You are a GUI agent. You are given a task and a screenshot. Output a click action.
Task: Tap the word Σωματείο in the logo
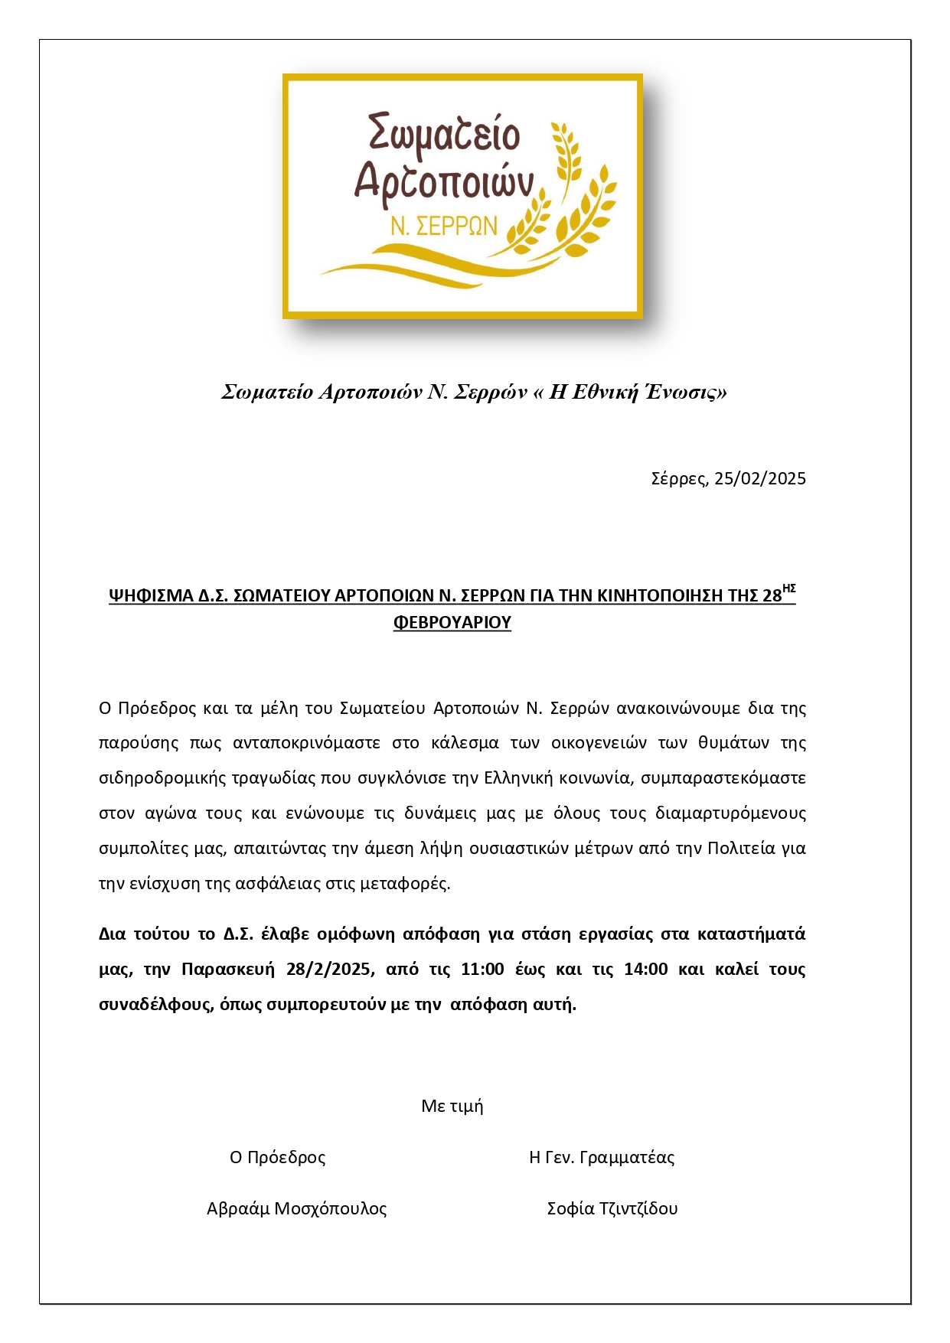pyautogui.click(x=444, y=134)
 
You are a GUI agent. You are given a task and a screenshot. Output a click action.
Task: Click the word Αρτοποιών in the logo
pyautogui.click(x=443, y=182)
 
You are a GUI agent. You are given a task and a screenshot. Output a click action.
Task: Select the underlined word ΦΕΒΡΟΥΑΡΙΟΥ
pyautogui.click(x=452, y=623)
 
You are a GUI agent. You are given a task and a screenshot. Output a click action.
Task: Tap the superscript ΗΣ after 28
pyautogui.click(x=789, y=588)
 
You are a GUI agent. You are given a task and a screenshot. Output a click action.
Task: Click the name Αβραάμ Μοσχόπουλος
pyautogui.click(x=297, y=1209)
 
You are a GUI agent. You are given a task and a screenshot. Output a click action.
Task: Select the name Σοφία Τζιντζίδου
pyautogui.click(x=612, y=1209)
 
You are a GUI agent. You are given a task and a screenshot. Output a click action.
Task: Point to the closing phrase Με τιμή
pyautogui.click(x=452, y=1107)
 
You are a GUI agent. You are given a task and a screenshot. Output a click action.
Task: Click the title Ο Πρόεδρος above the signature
pyautogui.click(x=278, y=1158)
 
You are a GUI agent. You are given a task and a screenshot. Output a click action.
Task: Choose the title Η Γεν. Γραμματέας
pyautogui.click(x=602, y=1158)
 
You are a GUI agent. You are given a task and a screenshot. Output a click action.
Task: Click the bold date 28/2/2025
pyautogui.click(x=329, y=970)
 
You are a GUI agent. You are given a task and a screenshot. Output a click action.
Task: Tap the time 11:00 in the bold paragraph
pyautogui.click(x=482, y=970)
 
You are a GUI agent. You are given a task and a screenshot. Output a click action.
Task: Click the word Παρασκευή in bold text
pyautogui.click(x=227, y=970)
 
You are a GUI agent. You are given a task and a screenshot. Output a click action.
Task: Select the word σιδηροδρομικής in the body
pyautogui.click(x=150, y=778)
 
